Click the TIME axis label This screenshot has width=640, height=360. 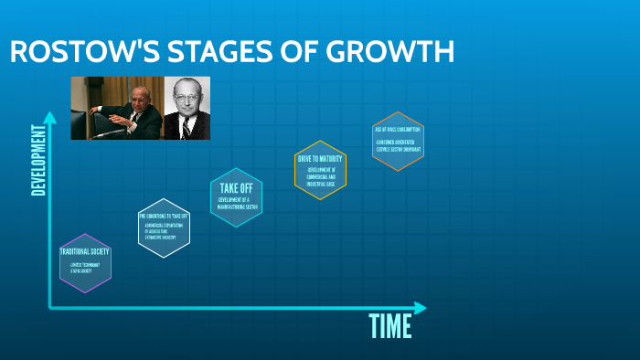[x=390, y=325]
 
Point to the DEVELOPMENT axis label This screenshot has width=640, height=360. [x=38, y=159]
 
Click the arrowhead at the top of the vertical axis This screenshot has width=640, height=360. [x=50, y=117]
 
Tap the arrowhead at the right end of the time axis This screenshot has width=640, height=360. [x=420, y=308]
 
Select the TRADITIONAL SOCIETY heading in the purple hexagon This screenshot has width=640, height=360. [x=85, y=251]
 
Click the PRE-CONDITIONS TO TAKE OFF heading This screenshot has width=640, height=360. [x=164, y=216]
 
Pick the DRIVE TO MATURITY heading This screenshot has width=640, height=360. [x=320, y=159]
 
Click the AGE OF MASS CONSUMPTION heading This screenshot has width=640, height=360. [x=398, y=130]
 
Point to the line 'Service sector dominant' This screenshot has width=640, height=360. [x=398, y=148]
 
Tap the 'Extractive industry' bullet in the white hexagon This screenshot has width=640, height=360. [x=162, y=237]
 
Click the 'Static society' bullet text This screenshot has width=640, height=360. [x=82, y=271]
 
